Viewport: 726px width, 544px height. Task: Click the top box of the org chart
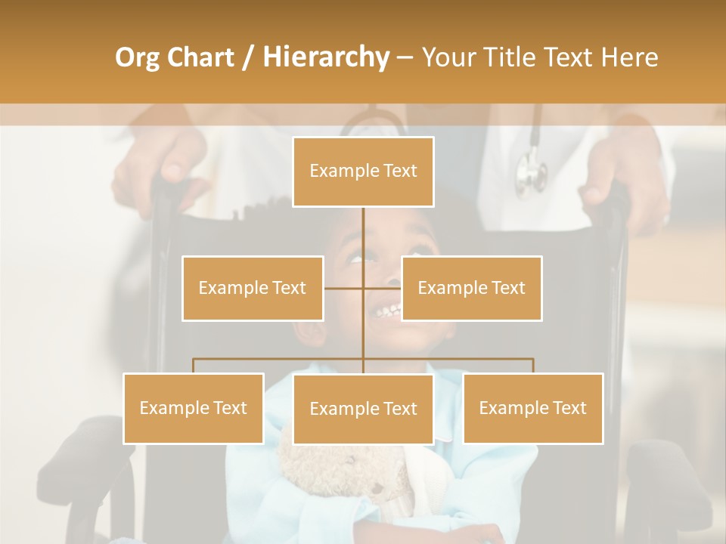[363, 172]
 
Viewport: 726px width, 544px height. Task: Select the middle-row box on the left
[253, 288]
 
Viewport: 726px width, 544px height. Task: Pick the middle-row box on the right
[471, 288]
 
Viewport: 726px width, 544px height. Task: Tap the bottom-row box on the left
[193, 408]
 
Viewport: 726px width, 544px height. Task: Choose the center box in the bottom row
[363, 409]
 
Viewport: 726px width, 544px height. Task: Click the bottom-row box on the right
[532, 408]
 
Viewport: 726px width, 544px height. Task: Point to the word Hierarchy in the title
[325, 57]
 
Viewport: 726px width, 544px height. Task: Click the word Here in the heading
[629, 57]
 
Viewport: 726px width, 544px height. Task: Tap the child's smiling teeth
[387, 310]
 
